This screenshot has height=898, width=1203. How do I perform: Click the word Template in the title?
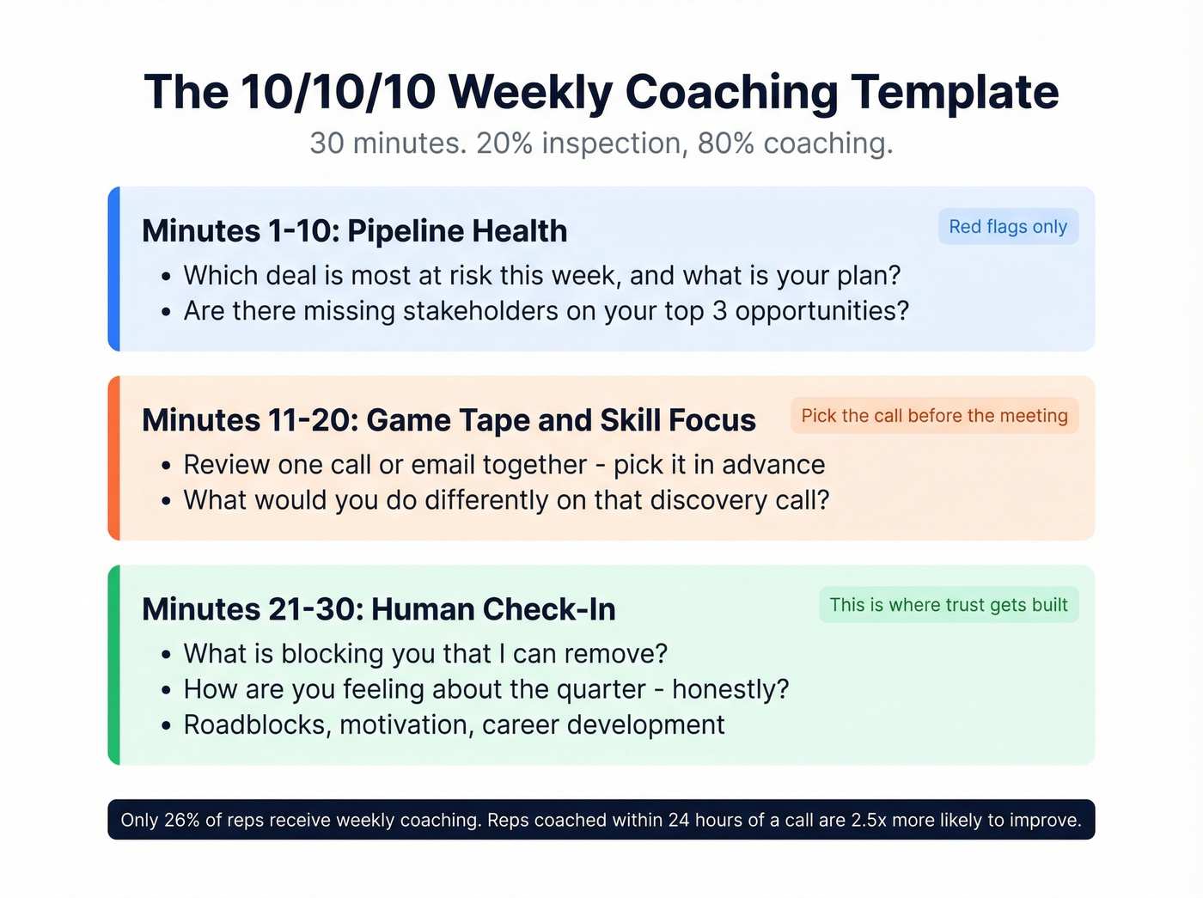(x=955, y=92)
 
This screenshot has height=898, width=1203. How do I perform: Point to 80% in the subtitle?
(x=725, y=144)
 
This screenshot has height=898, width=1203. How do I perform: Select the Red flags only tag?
(x=1008, y=227)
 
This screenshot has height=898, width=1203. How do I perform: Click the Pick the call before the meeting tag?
(x=934, y=416)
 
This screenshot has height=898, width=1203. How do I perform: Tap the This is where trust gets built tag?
(x=948, y=605)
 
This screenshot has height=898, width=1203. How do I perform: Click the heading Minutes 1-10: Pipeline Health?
(x=354, y=231)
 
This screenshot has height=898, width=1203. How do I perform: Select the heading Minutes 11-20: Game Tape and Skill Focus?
(x=449, y=420)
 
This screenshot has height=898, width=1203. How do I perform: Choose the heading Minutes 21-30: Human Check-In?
(x=378, y=609)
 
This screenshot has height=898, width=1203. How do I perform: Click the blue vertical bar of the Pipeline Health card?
(x=113, y=269)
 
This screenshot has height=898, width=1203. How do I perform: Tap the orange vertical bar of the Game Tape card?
(x=113, y=458)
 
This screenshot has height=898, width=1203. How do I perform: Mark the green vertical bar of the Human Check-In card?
(x=113, y=665)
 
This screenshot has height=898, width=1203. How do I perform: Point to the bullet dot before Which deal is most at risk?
(x=166, y=277)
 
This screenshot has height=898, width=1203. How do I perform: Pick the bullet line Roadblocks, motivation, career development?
(x=454, y=725)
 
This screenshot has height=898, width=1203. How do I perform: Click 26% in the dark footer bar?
(x=181, y=820)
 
